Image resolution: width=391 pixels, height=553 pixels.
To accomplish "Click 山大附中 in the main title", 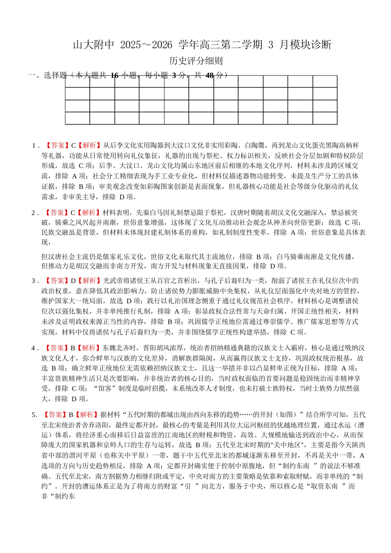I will coord(93,45).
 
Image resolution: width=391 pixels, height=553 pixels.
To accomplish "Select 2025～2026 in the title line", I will coord(146,45).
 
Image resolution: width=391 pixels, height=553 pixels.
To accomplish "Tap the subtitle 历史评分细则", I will coord(196,61).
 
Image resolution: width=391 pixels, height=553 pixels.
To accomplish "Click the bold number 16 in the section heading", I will coord(115,75).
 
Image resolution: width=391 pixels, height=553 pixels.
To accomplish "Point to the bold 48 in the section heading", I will coord(209,75).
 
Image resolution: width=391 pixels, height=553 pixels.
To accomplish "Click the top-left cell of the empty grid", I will coord(77,81).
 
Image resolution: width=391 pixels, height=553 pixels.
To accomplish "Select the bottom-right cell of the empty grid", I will coord(325,118).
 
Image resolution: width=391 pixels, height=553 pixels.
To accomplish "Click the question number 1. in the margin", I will coord(35,146).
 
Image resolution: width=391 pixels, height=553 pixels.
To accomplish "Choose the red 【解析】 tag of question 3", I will coord(90,281).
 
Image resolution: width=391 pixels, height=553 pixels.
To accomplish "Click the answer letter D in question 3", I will coord(73,281).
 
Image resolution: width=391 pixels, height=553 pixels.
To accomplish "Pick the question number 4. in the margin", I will coord(35,348).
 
